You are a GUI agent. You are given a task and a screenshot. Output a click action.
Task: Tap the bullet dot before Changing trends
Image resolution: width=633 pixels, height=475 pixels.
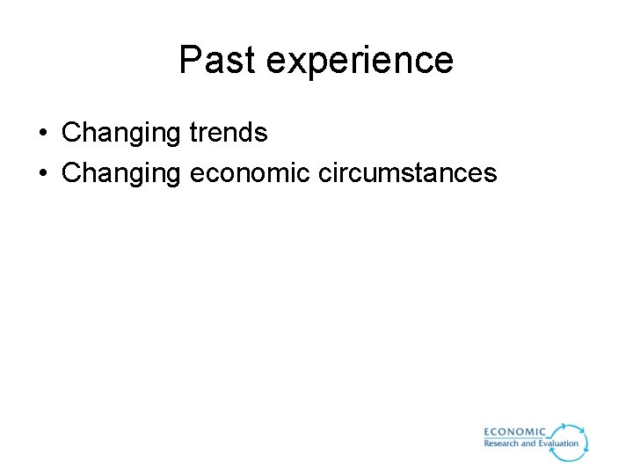click(x=42, y=134)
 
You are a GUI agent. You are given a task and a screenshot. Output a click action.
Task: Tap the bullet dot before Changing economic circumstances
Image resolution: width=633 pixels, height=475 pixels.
click(x=42, y=173)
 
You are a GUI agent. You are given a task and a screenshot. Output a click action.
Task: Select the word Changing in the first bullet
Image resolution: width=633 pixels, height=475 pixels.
click(x=120, y=134)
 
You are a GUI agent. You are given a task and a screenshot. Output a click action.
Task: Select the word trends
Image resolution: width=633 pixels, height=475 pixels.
click(x=228, y=133)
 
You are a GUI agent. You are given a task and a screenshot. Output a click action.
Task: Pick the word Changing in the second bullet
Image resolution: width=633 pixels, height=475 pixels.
click(x=120, y=173)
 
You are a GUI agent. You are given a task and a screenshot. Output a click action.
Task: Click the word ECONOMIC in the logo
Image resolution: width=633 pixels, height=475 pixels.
click(x=515, y=432)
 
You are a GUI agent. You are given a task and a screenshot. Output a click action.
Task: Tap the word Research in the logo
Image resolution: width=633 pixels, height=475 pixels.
click(x=501, y=443)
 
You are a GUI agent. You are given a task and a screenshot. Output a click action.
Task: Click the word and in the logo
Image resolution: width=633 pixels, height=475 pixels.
click(x=528, y=443)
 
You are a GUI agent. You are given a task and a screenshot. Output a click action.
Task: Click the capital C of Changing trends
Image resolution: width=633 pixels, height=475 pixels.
click(x=71, y=134)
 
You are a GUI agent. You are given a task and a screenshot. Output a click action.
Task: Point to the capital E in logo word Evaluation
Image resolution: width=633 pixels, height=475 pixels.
click(x=541, y=443)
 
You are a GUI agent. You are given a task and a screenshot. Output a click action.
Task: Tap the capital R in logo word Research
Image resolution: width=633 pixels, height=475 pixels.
click(x=487, y=443)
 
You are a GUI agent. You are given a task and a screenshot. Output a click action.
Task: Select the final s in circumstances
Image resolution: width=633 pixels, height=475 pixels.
click(x=491, y=174)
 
